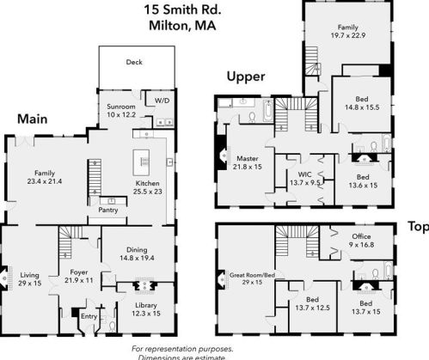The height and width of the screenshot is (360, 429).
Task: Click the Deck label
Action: click(x=133, y=62)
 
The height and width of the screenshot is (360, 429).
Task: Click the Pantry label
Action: click(x=108, y=209)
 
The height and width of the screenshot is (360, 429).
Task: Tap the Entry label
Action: click(x=89, y=316)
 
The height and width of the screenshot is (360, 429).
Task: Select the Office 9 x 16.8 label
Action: click(x=362, y=239)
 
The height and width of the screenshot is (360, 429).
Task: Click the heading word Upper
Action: click(x=245, y=76)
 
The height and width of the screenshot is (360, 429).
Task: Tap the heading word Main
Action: click(x=32, y=119)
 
